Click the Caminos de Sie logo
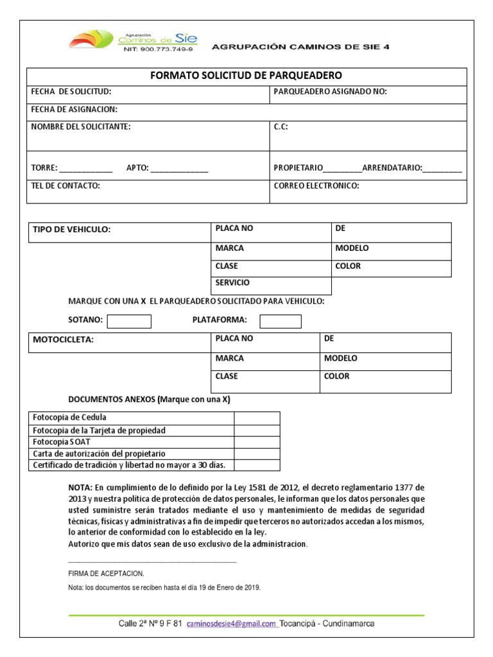tap(134, 40)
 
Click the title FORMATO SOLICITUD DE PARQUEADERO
tap(246, 76)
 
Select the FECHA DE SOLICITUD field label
tap(71, 92)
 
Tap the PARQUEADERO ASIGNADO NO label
tap(330, 92)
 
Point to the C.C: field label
tap(281, 127)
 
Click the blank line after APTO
tap(180, 169)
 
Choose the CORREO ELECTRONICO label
tap(316, 186)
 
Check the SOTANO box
tap(129, 321)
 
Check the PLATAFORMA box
tap(280, 321)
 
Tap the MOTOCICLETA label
tap(63, 340)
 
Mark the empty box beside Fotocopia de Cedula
tap(257, 418)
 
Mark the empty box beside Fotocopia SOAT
tap(257, 442)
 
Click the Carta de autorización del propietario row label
tap(99, 454)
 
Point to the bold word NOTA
tap(81, 487)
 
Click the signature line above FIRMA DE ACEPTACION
tap(152, 561)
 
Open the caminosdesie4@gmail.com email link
tap(231, 624)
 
